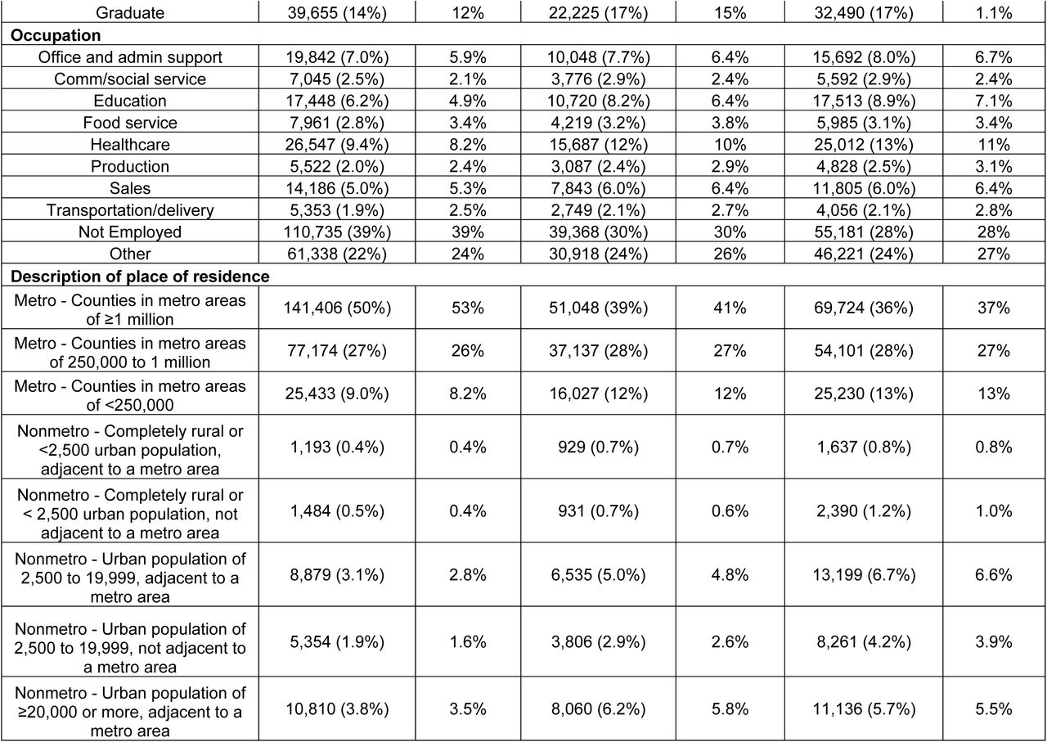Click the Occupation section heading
click(56, 35)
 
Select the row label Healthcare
click(130, 145)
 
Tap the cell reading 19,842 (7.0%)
click(337, 57)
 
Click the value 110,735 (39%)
click(337, 232)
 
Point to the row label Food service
click(130, 123)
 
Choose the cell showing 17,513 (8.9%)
click(864, 101)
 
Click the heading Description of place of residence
click(140, 277)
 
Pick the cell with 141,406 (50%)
click(337, 308)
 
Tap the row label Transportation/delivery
click(130, 210)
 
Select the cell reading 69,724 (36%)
click(864, 308)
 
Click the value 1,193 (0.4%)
click(337, 447)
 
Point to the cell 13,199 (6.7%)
click(864, 574)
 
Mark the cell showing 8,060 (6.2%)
click(598, 708)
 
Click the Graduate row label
click(130, 12)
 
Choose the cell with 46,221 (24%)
click(864, 254)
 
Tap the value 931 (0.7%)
click(598, 510)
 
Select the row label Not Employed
click(130, 232)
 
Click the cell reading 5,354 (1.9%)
click(337, 641)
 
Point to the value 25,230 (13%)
click(864, 393)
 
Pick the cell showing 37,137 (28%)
click(598, 351)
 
